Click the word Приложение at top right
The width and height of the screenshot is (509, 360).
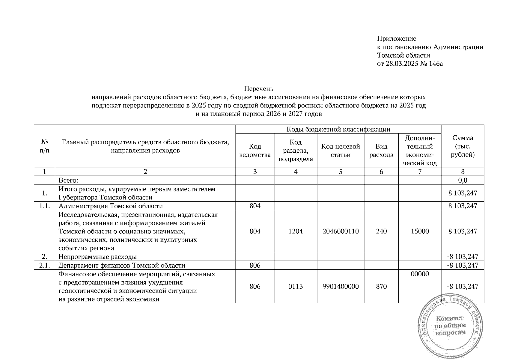click(x=396, y=39)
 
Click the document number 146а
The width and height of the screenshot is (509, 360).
click(x=436, y=64)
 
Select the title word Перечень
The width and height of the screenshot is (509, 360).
click(x=259, y=89)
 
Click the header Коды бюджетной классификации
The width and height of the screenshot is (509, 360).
click(x=338, y=129)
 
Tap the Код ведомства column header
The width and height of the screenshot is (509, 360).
click(x=255, y=151)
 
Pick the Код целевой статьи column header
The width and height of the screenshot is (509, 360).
click(x=340, y=151)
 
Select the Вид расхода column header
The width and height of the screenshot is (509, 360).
click(x=381, y=151)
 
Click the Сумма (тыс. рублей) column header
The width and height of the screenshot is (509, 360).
click(x=463, y=146)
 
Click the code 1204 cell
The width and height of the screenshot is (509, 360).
click(x=296, y=231)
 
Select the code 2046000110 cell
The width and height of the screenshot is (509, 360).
click(x=341, y=231)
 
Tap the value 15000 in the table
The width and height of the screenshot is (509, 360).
click(x=420, y=231)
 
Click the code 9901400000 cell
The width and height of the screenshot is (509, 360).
click(x=341, y=286)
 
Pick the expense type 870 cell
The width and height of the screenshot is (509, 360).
click(x=381, y=286)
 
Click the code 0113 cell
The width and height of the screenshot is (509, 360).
click(x=296, y=286)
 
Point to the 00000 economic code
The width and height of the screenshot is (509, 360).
click(x=420, y=274)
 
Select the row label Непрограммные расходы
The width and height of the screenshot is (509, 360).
click(x=97, y=257)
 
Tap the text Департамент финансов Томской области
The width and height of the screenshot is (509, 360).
click(x=122, y=265)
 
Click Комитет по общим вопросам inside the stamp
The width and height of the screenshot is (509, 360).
click(x=450, y=325)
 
